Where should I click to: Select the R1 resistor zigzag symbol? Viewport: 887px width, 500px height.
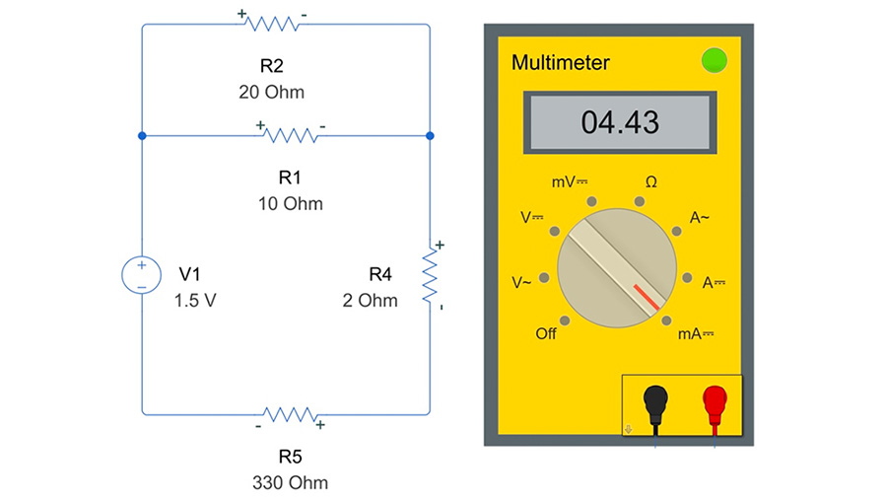pos(291,134)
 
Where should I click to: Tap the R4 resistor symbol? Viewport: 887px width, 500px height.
pos(430,277)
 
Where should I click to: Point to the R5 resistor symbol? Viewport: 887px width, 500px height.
pos(289,414)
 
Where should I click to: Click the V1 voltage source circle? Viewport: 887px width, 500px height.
pos(142,274)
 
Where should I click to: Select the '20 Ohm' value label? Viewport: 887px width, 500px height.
pos(271,93)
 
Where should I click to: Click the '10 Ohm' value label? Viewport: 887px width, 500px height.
pos(289,204)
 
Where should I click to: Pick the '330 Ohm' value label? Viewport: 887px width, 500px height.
pos(289,483)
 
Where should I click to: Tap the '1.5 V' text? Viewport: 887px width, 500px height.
pos(195,301)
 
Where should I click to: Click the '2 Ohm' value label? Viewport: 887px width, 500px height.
pos(371,301)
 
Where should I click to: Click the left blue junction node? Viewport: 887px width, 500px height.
pos(142,135)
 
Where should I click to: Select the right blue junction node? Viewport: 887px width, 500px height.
pos(430,135)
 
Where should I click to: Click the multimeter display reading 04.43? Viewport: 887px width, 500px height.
pos(620,122)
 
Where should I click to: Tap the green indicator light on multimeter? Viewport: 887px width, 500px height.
pos(713,61)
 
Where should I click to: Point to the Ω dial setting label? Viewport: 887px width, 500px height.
pos(650,182)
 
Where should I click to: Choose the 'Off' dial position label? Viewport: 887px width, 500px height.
pos(546,334)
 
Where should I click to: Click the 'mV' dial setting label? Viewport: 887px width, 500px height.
pos(568,182)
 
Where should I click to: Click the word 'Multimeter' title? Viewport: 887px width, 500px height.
pos(560,64)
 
